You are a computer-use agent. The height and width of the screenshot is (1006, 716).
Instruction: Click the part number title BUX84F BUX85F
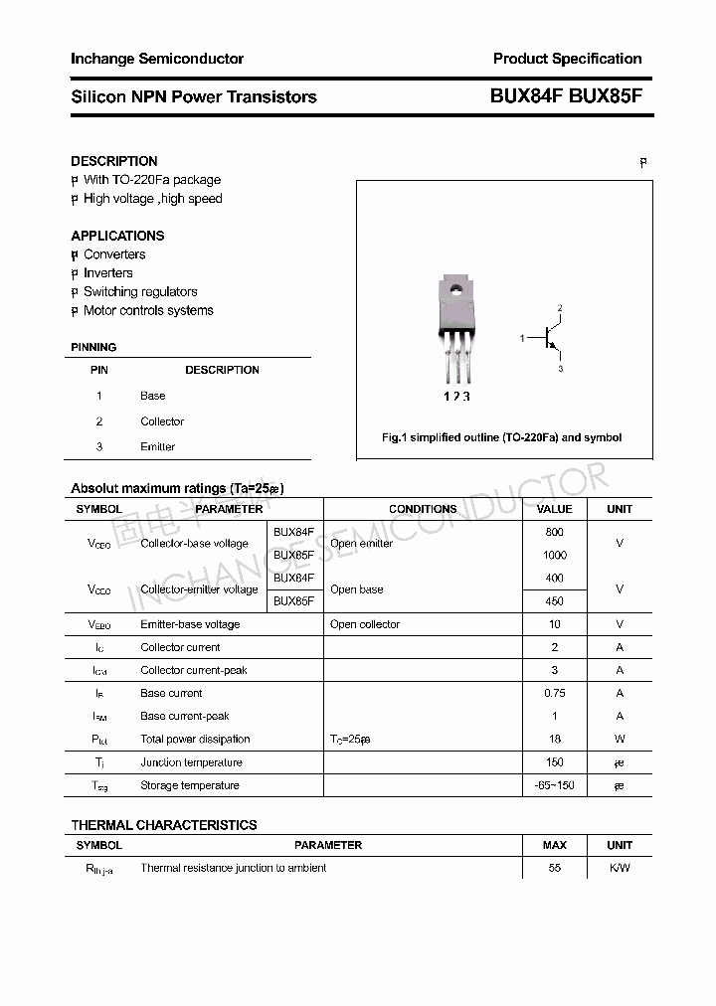pos(566,96)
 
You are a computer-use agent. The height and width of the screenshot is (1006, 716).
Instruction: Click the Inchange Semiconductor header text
pos(157,59)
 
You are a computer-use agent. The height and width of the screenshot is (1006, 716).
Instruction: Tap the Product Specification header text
pos(567,59)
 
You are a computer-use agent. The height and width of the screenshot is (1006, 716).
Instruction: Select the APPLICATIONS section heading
pos(117,236)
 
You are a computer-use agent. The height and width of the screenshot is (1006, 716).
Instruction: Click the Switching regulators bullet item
pos(140,291)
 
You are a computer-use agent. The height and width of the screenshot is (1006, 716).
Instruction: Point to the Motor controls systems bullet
pos(148,310)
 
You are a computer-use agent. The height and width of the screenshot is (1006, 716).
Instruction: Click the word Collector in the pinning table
pos(162,421)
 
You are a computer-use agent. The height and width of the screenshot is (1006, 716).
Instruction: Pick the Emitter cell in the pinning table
pos(157,447)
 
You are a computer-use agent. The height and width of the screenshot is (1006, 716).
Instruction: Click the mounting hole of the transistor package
pos(456,291)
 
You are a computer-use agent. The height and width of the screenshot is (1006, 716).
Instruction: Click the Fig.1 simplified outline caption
pos(502,437)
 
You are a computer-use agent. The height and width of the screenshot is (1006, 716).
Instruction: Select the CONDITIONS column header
pos(423,509)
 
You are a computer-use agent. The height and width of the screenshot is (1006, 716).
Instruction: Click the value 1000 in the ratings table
pos(554,555)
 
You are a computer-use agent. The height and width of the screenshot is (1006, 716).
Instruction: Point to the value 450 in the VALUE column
pos(554,600)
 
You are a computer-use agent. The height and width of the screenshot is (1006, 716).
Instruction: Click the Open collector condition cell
pos(365,624)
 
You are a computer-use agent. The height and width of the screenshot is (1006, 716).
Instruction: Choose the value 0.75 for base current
pos(554,693)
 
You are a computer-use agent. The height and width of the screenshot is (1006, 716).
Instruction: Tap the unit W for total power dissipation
pos(620,739)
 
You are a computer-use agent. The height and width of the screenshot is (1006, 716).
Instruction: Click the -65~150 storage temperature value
pos(554,785)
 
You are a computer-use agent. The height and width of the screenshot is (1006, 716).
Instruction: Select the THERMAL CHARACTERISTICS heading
pos(164,825)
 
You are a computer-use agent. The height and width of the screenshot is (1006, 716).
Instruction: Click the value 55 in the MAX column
pos(554,868)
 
